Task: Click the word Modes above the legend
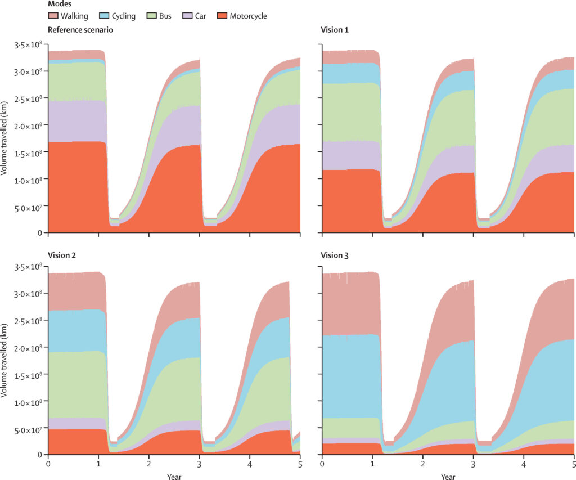pyautogui.click(x=60, y=4)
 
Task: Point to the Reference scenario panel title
pyautogui.click(x=80, y=29)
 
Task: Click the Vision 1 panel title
pyautogui.click(x=335, y=29)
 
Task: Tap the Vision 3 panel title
pyautogui.click(x=335, y=255)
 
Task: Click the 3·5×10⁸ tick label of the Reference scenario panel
pyautogui.click(x=29, y=44)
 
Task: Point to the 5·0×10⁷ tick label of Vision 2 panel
pyautogui.click(x=29, y=431)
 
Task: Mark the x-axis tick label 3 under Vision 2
pyautogui.click(x=199, y=465)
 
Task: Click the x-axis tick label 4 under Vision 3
pyautogui.click(x=523, y=465)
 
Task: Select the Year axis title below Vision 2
pyautogui.click(x=174, y=476)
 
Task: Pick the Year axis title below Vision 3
pyautogui.click(x=448, y=476)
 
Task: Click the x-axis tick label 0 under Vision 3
pyautogui.click(x=322, y=465)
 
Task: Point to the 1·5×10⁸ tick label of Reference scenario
pyautogui.click(x=29, y=153)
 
